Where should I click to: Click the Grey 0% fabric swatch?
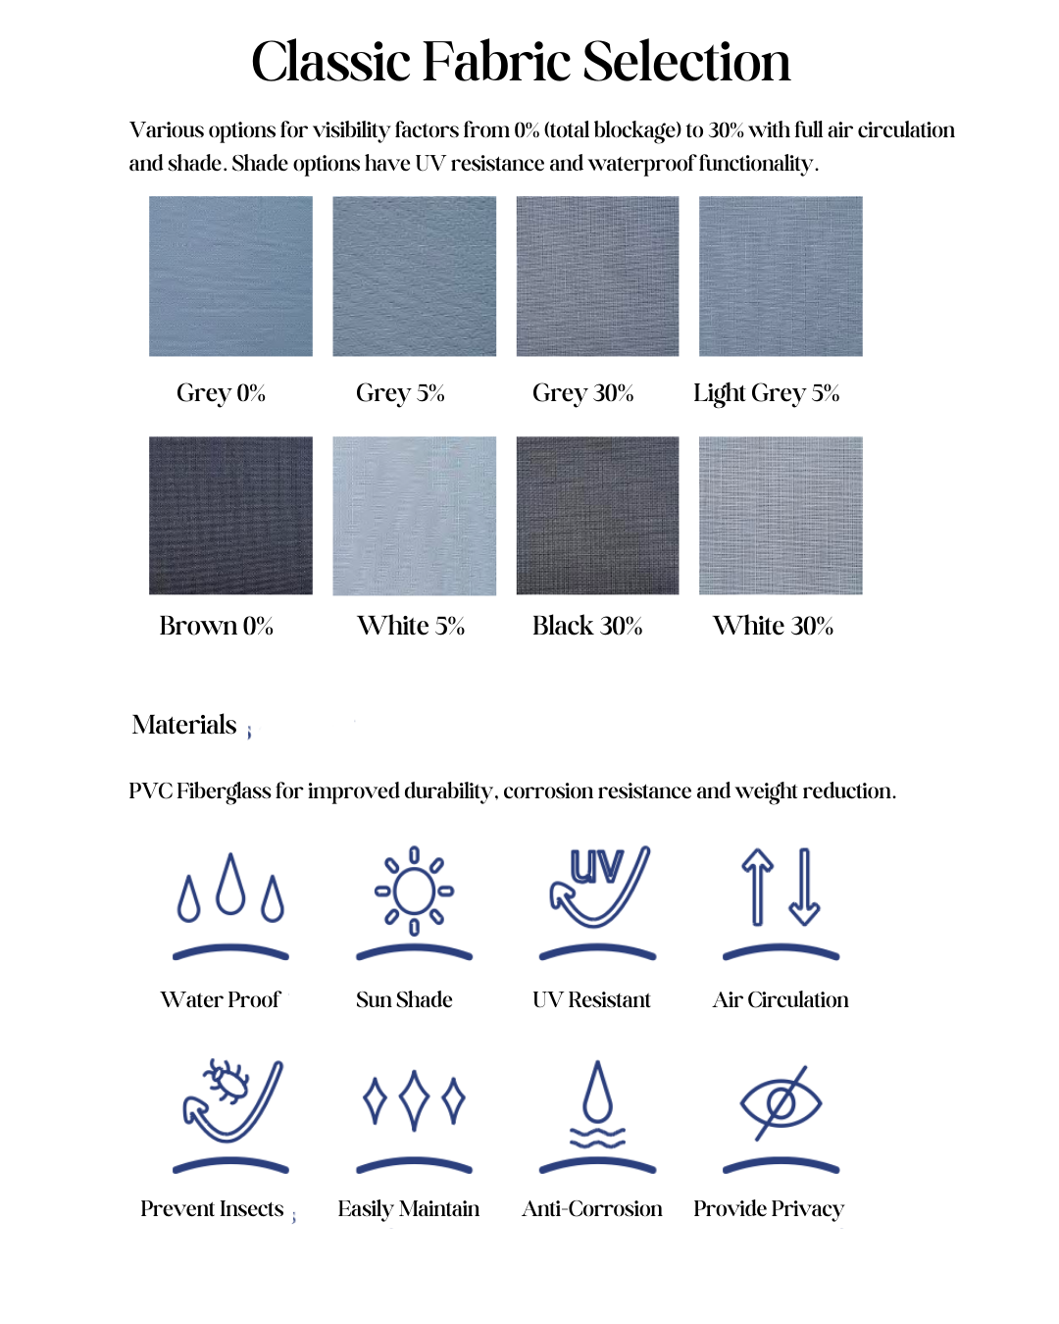(230, 276)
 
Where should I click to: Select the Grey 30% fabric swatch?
(597, 276)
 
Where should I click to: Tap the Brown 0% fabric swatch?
(230, 515)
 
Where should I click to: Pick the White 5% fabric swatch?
(414, 515)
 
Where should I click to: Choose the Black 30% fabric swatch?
(597, 515)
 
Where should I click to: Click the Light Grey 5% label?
(766, 393)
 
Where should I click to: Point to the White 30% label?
(773, 626)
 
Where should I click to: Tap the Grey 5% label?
(400, 393)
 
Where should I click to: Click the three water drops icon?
(230, 889)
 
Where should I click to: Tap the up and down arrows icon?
(781, 888)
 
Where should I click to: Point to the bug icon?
(230, 1099)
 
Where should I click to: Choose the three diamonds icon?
(414, 1100)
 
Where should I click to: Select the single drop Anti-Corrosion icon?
(597, 1103)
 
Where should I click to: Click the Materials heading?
(184, 725)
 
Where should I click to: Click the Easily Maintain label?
(409, 1209)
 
